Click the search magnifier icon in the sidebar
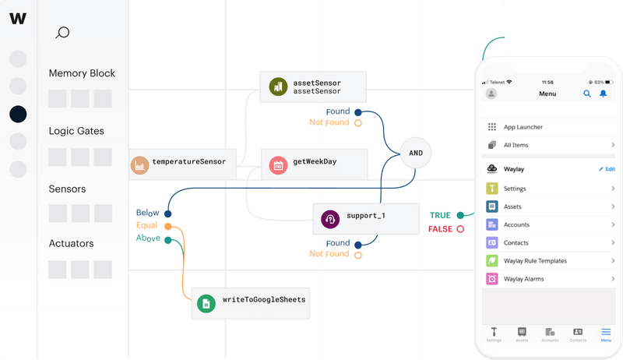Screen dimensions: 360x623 point(63,32)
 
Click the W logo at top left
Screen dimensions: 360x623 point(18,19)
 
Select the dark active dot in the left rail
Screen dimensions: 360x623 point(18,114)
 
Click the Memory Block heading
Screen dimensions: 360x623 point(82,73)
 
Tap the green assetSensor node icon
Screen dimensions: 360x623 point(276,87)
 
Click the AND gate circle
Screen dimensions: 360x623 point(416,153)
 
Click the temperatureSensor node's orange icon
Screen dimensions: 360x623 point(139,165)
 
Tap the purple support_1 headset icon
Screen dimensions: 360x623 point(330,220)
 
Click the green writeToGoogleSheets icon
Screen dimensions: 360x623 point(206,303)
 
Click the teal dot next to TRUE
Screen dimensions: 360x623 point(460,215)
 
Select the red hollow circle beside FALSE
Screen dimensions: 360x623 point(460,229)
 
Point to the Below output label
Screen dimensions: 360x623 point(147,213)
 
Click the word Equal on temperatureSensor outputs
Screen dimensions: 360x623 point(146,225)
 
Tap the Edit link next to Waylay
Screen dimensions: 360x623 point(607,168)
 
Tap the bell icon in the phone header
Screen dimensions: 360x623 point(603,94)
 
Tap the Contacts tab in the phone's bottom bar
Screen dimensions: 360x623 point(578,334)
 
